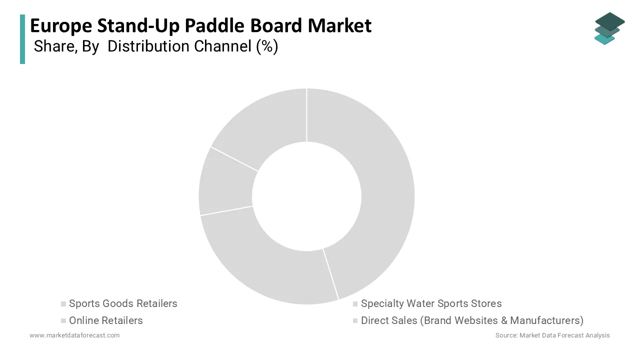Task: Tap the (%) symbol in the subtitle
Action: [x=267, y=46]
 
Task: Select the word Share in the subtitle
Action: [x=53, y=46]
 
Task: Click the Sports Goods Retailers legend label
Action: [x=123, y=303]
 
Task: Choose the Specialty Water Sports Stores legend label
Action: [x=431, y=303]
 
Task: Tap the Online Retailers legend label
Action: [x=106, y=320]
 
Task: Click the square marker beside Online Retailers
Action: [x=63, y=320]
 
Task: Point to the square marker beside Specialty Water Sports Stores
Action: [x=355, y=304]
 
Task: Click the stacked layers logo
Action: [x=608, y=28]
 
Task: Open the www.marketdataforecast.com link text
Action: [x=74, y=335]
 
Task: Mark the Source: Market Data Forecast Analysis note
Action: [x=552, y=335]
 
